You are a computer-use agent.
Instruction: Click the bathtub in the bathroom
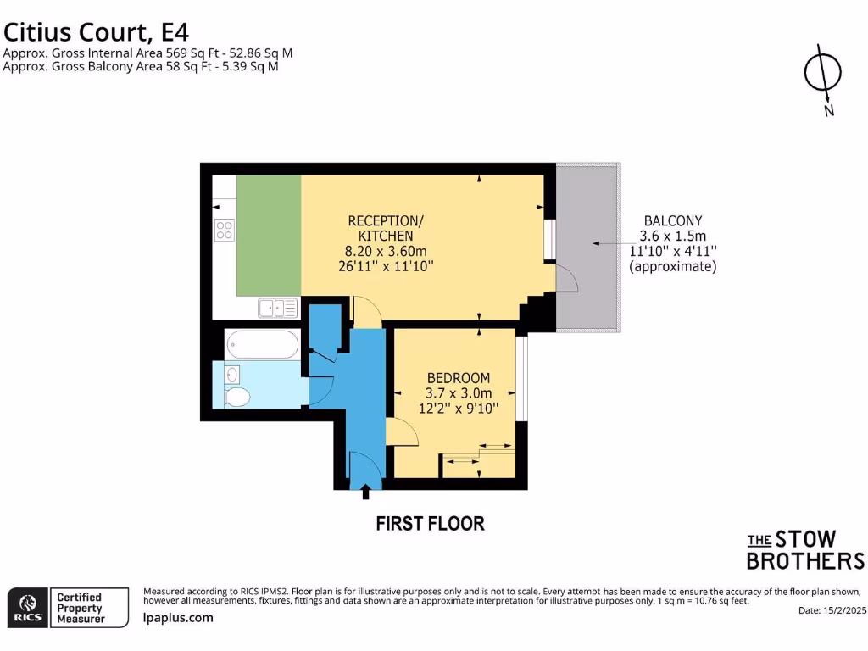tap(262, 344)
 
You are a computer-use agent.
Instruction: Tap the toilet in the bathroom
tap(238, 396)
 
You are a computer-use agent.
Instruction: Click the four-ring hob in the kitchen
tap(225, 230)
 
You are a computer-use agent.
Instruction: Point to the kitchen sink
tap(278, 308)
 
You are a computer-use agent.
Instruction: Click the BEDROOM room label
tap(458, 377)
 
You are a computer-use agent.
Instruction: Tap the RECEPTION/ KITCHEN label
tap(386, 228)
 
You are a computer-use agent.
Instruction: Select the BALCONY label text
tap(672, 220)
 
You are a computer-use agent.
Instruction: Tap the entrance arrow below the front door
tap(366, 492)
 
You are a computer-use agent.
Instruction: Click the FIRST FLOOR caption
tap(430, 524)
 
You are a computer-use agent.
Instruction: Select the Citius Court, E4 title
tap(96, 32)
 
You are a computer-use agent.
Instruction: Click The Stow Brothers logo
tap(804, 550)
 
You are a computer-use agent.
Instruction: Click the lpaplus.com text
tap(177, 618)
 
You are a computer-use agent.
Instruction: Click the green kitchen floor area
tap(268, 235)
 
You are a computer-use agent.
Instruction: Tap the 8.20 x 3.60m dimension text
tap(386, 251)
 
